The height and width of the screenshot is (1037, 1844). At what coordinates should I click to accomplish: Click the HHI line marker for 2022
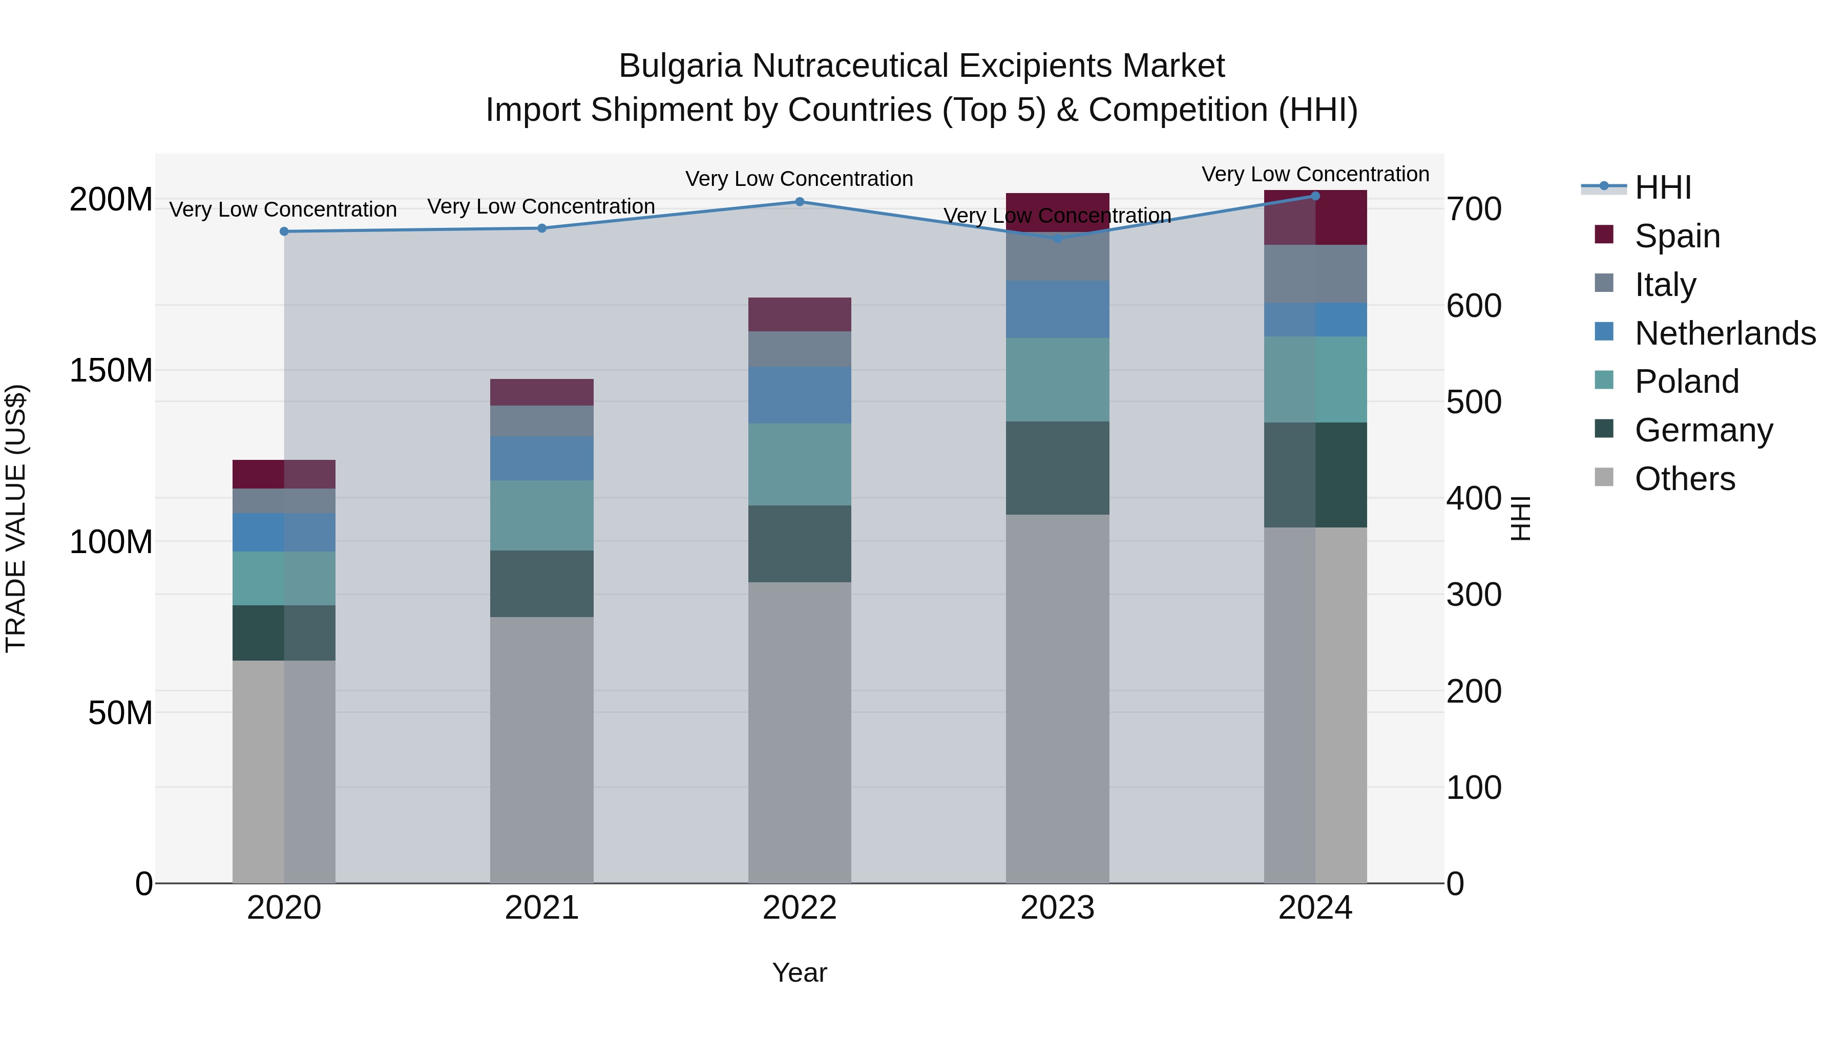click(800, 202)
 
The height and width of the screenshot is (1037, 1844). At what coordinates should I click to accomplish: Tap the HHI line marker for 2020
click(284, 231)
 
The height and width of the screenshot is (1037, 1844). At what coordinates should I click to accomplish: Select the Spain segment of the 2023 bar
click(1057, 210)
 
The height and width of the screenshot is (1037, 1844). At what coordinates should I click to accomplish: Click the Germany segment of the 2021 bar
click(542, 583)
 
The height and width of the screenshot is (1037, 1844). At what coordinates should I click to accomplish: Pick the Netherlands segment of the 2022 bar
click(800, 394)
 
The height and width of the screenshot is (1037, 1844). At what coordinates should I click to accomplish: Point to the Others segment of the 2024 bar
click(1315, 705)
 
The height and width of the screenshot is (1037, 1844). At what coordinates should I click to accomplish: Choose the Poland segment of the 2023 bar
click(1057, 379)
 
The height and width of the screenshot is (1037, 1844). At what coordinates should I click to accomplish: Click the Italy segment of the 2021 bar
click(542, 421)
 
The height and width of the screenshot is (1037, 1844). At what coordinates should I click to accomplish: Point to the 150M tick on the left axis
click(111, 371)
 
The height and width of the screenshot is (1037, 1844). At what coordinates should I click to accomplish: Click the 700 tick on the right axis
click(1473, 209)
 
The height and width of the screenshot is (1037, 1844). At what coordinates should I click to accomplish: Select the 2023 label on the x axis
click(1057, 908)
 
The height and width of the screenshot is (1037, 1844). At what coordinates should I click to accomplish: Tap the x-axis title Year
click(800, 972)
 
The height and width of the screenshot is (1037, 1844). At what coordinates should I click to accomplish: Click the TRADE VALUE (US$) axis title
click(16, 518)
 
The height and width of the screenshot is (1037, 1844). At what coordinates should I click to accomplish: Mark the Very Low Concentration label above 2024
click(1315, 174)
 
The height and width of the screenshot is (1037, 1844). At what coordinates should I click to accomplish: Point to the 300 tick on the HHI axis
click(1473, 595)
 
